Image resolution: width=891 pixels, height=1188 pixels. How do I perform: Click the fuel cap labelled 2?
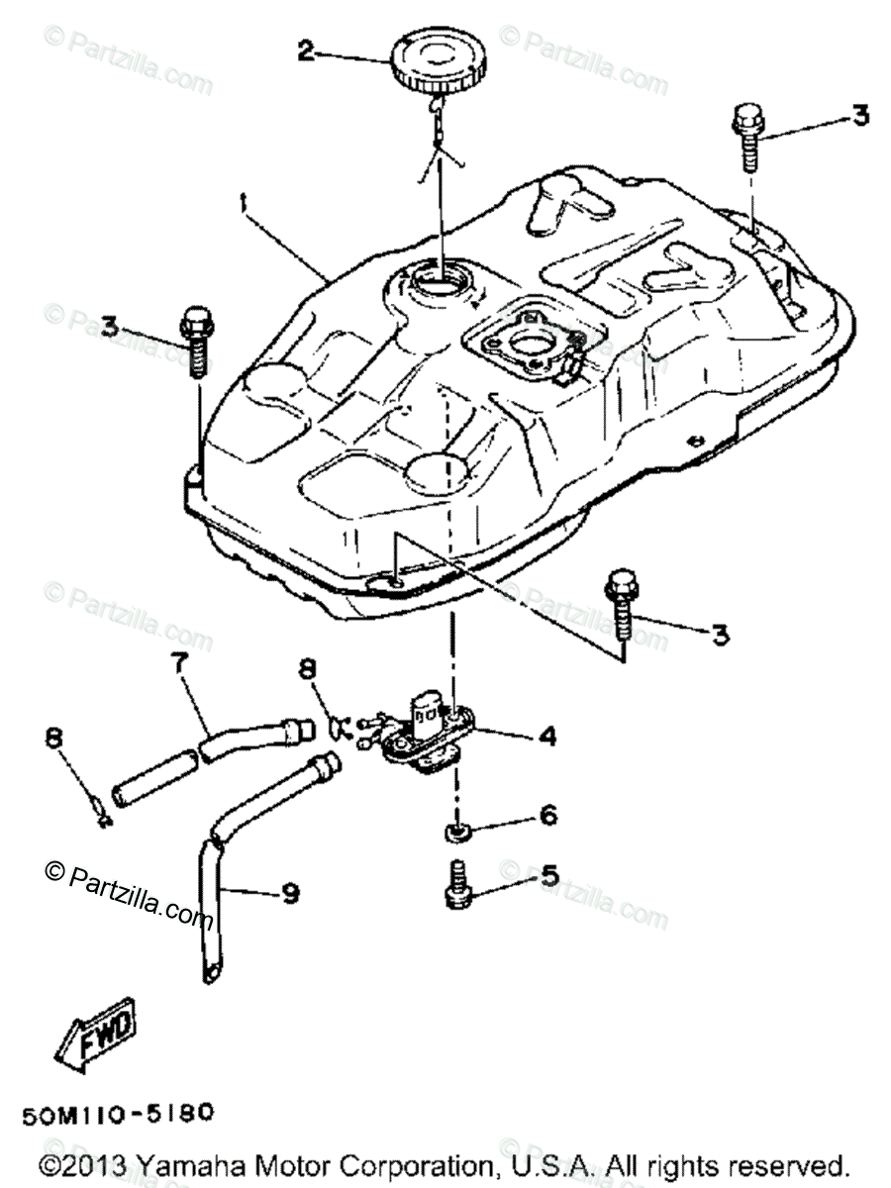click(x=435, y=61)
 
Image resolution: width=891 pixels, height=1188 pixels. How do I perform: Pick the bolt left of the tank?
click(x=195, y=344)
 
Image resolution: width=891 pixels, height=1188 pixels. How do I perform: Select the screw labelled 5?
click(x=456, y=884)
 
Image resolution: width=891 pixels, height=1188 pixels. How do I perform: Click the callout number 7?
click(x=181, y=666)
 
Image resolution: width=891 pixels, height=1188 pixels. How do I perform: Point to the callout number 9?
click(x=289, y=893)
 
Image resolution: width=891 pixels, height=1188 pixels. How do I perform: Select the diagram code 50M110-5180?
click(x=116, y=1114)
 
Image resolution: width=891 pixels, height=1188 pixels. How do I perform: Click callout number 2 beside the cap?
click(x=308, y=49)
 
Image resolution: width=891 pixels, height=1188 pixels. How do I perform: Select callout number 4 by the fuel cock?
click(x=546, y=736)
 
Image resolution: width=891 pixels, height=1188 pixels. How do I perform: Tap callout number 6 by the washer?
click(x=547, y=815)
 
